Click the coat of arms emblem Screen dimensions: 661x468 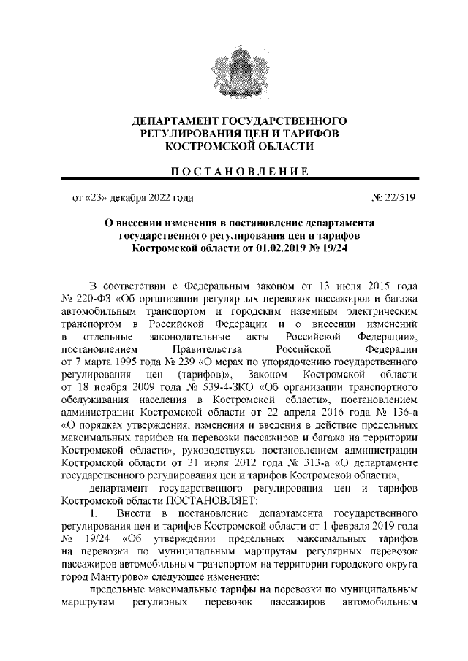[234, 69]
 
